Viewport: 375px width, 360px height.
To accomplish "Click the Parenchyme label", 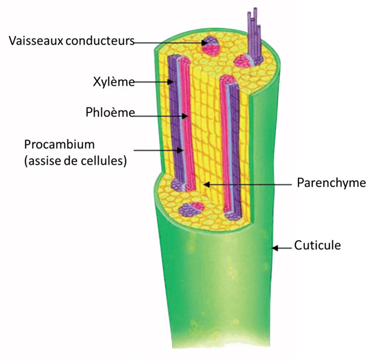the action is pos(331,183).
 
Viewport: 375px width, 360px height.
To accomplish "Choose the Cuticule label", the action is pos(317,246).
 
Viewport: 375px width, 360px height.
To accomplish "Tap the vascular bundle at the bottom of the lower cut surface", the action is pos(191,209).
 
